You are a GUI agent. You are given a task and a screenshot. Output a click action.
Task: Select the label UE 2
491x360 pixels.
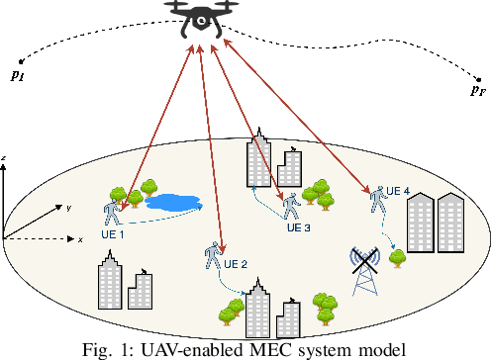pos(235,264)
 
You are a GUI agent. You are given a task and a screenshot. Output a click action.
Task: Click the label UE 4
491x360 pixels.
pos(397,190)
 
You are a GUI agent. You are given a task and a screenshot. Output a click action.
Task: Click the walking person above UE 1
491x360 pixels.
pos(112,214)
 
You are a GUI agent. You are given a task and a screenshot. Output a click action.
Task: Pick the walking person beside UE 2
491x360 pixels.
pos(212,256)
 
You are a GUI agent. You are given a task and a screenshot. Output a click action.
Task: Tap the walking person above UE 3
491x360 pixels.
pos(291,206)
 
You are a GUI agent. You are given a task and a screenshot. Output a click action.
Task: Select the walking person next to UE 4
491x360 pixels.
pos(377,198)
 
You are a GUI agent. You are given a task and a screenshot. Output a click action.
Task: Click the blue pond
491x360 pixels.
pos(172,203)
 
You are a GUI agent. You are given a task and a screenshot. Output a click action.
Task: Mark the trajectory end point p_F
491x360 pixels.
pos(477,90)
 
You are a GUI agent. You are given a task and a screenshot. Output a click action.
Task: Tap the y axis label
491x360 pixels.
pos(68,208)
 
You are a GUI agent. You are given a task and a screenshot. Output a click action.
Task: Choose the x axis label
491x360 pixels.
pos(79,240)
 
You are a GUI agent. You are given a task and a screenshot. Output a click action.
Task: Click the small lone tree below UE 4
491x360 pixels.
pos(398,257)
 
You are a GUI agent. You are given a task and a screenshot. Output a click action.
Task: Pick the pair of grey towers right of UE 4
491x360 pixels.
pos(437,224)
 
